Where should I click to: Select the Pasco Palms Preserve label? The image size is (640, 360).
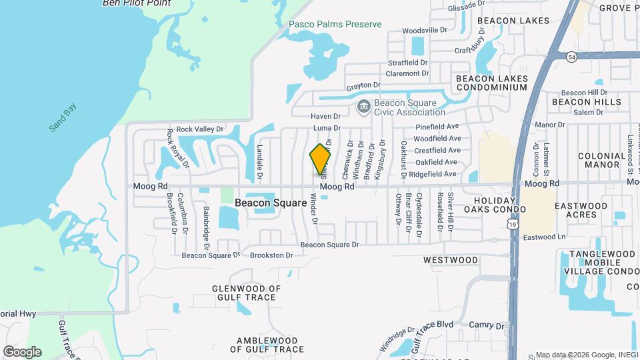(x=335, y=25)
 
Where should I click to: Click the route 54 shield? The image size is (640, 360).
(x=571, y=58)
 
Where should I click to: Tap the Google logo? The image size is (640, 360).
(x=22, y=351)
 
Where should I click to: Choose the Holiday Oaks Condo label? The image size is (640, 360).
(x=500, y=205)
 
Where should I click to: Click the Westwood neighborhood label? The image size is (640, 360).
(x=450, y=259)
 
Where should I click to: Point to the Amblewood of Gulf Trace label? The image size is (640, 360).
(x=267, y=345)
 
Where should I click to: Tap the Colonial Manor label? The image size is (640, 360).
(x=602, y=159)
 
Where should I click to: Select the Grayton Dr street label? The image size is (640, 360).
(x=363, y=85)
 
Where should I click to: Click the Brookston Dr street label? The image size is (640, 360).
(x=271, y=255)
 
